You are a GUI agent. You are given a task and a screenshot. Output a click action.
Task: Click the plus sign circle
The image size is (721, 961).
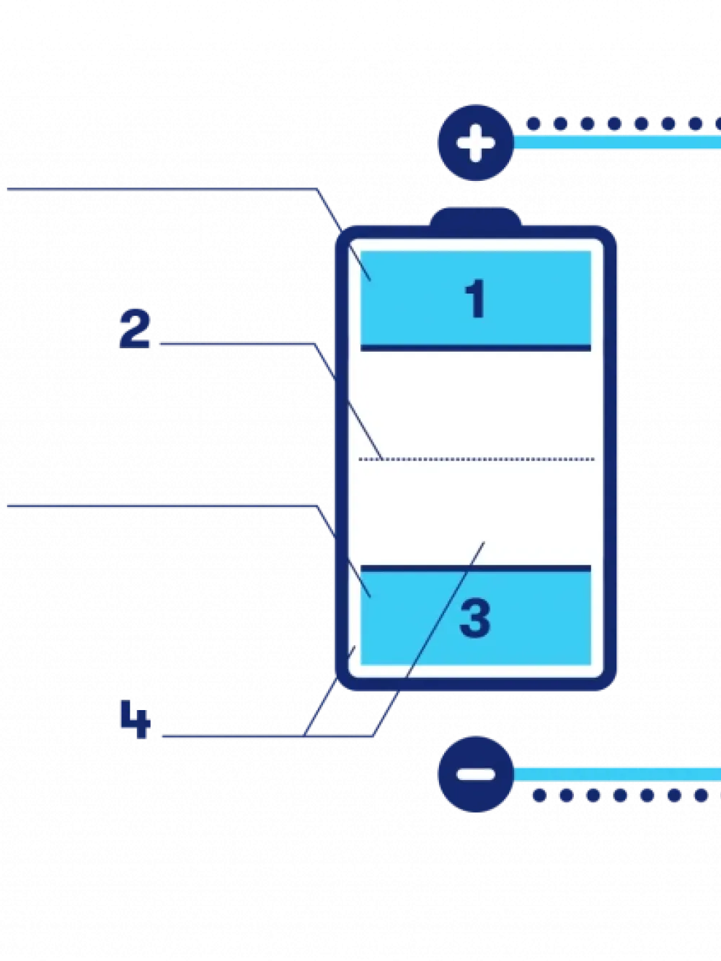point(475,142)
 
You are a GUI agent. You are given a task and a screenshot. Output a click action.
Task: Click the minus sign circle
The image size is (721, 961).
point(475,774)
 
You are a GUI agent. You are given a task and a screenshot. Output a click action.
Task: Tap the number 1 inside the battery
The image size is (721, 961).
point(475,298)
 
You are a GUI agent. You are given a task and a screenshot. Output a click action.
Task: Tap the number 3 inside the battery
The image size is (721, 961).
point(475,619)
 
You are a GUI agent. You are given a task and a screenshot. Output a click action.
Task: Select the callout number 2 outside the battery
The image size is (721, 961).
point(135,329)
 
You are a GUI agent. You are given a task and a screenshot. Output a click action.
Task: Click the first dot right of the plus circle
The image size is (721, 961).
point(534,124)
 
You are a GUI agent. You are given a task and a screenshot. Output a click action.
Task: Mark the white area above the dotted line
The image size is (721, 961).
point(476,404)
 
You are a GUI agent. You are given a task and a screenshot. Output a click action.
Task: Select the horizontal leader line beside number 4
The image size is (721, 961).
point(231,737)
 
